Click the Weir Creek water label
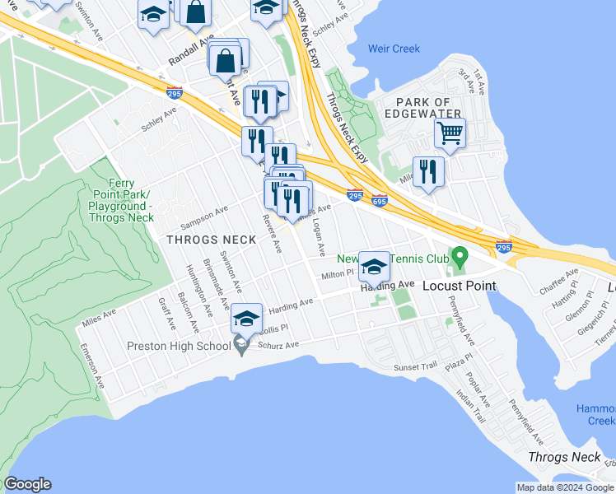[x=394, y=49]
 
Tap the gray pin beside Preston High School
[x=241, y=345]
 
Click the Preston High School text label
[x=179, y=346]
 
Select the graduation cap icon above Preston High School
[x=246, y=317]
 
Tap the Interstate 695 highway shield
[x=380, y=200]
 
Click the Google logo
[x=27, y=484]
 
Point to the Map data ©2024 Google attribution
[x=564, y=487]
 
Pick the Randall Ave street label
[x=190, y=51]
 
